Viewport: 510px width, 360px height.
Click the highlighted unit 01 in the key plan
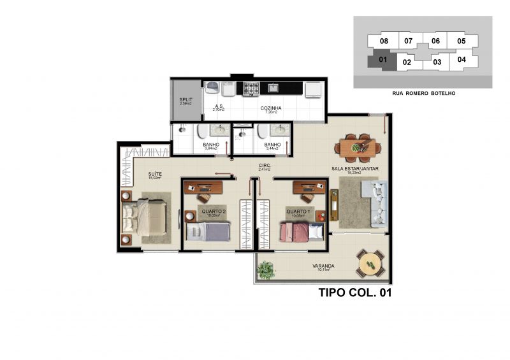[382, 61]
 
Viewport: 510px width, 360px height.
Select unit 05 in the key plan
[461, 41]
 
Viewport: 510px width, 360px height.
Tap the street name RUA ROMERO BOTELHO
[423, 93]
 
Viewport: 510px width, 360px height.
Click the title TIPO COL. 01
[354, 294]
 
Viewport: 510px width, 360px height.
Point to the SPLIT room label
[186, 102]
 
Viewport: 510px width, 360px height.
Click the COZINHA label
[271, 109]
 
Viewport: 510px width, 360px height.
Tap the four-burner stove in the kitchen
[248, 89]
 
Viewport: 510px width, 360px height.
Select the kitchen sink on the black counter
[273, 88]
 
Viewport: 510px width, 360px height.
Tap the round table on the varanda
[369, 263]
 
